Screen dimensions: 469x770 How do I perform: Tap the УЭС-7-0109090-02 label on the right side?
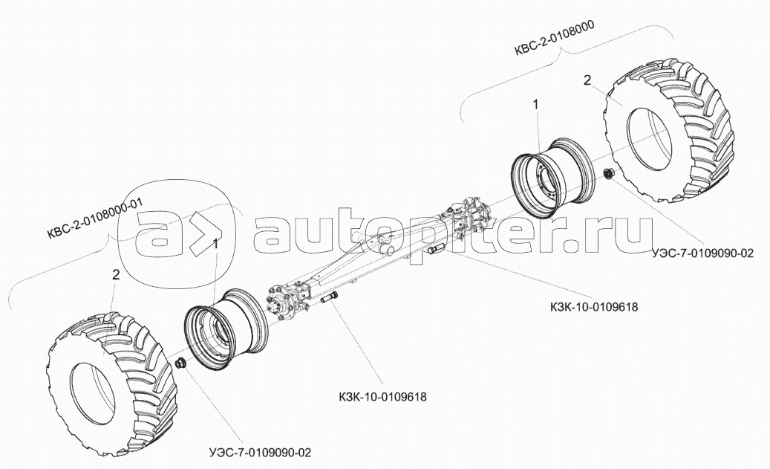click(702, 253)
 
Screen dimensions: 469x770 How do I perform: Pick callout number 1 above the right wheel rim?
click(535, 106)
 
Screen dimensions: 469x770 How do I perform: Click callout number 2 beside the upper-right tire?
click(587, 80)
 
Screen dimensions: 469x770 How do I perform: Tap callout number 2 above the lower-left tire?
click(116, 274)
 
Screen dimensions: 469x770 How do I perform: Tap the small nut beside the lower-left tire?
click(180, 363)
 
